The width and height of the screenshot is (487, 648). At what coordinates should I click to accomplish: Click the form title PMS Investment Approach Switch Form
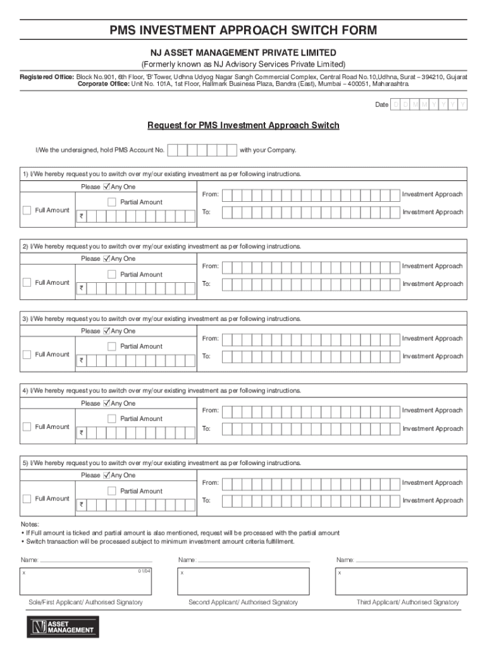pos(244,30)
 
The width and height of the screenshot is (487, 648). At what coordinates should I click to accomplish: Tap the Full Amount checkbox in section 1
pos(27,210)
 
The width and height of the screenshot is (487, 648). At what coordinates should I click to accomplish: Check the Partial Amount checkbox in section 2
pos(112,275)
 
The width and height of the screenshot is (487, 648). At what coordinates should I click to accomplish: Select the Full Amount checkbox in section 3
pos(27,354)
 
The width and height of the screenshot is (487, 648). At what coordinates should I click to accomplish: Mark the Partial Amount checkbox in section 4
pos(112,419)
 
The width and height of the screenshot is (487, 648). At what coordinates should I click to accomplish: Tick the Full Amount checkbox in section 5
pos(27,499)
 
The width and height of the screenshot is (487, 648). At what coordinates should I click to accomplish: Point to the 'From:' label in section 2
pos(211,266)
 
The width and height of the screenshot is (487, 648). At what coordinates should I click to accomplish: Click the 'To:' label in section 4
pos(206,429)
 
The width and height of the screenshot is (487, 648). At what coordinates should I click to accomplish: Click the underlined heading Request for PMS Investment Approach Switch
pos(244,125)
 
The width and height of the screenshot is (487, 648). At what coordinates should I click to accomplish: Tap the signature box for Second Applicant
pos(244,581)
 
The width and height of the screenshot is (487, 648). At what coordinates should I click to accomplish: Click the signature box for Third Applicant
pos(402,581)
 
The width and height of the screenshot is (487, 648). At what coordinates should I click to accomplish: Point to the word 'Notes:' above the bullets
pos(30,525)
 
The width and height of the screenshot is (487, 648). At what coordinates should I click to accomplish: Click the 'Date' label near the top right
pos(381,104)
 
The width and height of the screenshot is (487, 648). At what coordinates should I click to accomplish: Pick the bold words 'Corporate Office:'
pos(104,84)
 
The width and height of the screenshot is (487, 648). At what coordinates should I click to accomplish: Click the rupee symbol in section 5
pos(81,506)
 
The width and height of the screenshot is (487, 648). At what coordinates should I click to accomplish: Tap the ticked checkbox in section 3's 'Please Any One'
pos(106,331)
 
